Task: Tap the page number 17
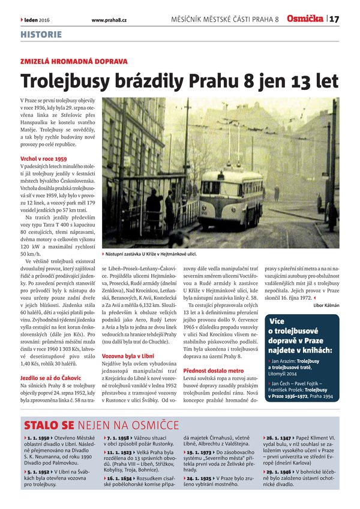(x=334, y=19)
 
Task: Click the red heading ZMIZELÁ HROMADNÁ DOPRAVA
(x=74, y=61)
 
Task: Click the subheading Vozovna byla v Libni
(x=127, y=356)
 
